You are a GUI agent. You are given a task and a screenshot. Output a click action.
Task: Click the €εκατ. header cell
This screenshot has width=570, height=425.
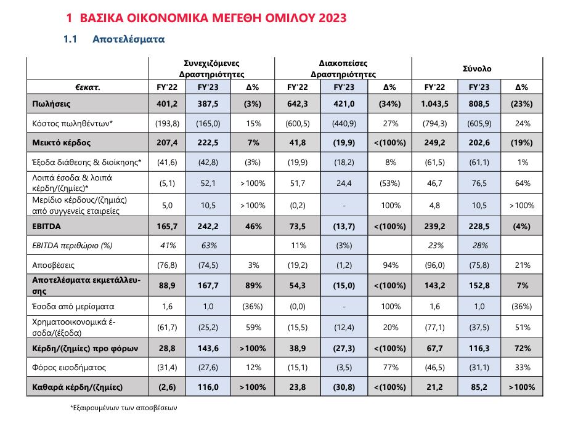click(88, 87)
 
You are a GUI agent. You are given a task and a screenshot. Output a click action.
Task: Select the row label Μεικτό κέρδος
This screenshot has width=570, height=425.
click(61, 142)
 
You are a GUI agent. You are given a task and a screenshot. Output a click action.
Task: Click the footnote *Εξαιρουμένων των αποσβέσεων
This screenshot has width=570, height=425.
click(124, 408)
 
